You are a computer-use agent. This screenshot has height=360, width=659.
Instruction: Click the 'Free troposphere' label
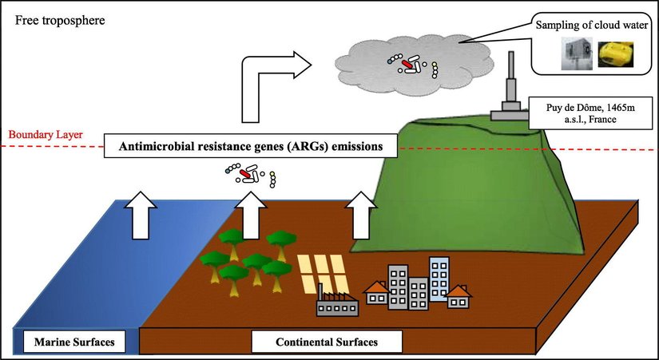52,18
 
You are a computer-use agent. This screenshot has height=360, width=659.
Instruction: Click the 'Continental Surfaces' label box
325,343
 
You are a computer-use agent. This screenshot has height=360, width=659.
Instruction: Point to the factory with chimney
336,303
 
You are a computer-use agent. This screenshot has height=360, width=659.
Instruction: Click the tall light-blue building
439,279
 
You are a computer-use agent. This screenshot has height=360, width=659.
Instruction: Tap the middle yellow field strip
324,275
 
